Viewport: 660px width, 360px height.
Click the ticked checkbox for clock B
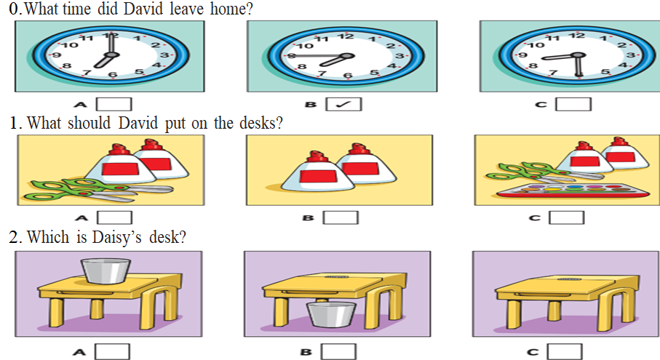(343, 104)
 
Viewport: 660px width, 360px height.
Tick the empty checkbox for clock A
(114, 104)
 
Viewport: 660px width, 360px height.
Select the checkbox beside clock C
(573, 104)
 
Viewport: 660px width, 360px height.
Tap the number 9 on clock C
(522, 55)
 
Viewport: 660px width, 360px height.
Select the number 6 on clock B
(347, 76)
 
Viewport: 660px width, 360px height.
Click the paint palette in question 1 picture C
(573, 191)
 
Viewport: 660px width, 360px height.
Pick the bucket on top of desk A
(106, 271)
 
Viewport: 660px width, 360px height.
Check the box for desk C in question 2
(565, 351)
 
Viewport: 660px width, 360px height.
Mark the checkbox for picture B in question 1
(341, 217)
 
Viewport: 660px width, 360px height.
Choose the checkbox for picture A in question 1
(114, 217)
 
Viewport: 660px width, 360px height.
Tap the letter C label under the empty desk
(533, 352)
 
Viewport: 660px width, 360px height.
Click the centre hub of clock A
(111, 55)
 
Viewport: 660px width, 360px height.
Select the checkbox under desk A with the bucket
(112, 351)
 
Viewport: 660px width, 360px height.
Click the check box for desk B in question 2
(338, 351)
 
